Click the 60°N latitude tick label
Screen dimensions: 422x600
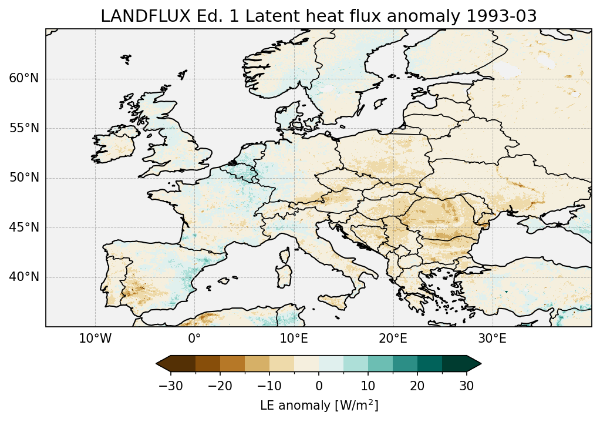pos(24,78)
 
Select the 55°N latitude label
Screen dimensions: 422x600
pos(24,128)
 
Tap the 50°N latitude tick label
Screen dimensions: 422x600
pos(24,177)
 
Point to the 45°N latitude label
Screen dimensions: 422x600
pos(24,227)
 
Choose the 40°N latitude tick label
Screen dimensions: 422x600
pos(24,277)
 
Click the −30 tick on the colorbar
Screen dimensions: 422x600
pos(170,386)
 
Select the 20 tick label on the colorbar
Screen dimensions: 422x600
pos(417,386)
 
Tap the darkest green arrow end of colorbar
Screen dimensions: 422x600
pos(474,364)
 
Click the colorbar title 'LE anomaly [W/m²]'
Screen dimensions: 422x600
pos(319,406)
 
